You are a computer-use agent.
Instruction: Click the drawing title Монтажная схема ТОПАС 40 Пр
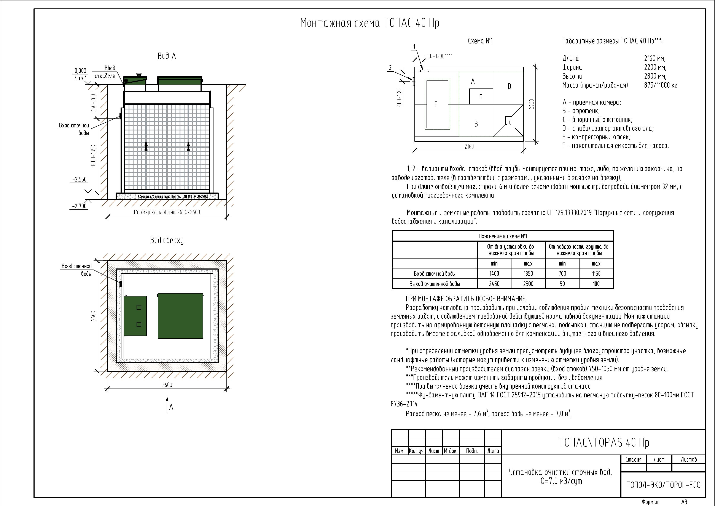370,23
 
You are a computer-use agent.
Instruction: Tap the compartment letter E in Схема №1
436,104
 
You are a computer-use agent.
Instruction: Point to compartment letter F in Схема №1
481,97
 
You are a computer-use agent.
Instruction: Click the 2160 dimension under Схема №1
469,146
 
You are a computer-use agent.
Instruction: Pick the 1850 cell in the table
528,274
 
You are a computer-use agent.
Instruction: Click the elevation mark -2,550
80,180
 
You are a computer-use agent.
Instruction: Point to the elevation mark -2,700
80,206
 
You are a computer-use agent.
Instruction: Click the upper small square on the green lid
139,307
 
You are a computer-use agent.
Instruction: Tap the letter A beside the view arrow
171,407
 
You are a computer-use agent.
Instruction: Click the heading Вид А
167,56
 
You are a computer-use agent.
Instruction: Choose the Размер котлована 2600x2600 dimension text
167,212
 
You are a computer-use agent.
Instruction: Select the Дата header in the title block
493,451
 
